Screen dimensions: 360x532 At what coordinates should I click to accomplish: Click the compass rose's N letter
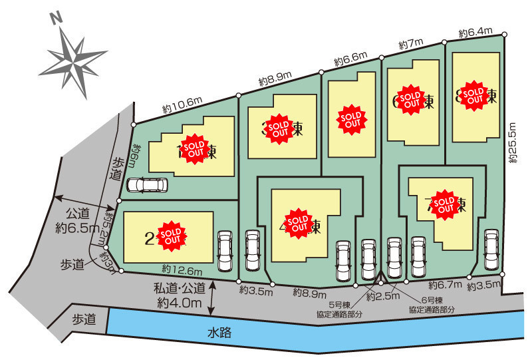[56, 19]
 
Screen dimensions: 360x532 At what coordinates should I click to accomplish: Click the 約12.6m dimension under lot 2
[181, 270]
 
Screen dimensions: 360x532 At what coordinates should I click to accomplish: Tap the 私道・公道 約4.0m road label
[180, 297]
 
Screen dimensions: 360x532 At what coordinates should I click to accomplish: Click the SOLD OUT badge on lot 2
[172, 236]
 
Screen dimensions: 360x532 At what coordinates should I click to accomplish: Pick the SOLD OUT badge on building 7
[443, 203]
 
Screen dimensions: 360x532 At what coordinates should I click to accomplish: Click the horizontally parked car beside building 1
[143, 185]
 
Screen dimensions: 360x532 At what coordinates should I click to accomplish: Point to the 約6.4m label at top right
[475, 31]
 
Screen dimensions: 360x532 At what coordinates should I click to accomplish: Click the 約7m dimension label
[411, 44]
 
